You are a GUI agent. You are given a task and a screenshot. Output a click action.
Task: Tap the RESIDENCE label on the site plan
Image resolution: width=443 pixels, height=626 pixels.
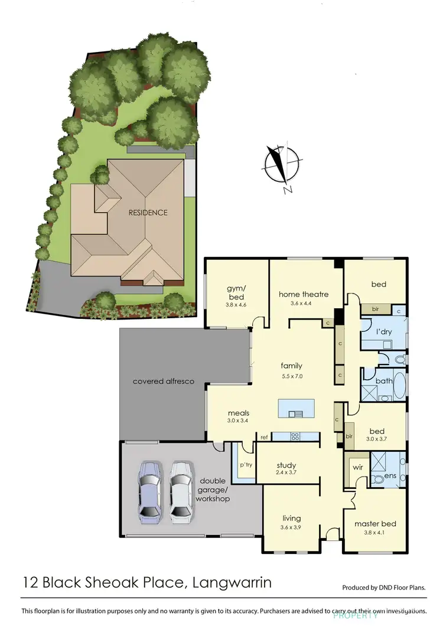tap(149, 213)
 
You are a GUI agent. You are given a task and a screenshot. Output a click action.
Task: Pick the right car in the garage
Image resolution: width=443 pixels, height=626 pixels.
tap(181, 492)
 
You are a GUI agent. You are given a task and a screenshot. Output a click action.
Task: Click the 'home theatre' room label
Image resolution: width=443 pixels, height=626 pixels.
tap(304, 294)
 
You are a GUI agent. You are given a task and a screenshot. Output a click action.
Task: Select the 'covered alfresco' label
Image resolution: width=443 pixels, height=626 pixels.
tap(163, 382)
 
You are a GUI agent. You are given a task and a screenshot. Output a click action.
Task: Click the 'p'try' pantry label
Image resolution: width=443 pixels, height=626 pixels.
tap(246, 465)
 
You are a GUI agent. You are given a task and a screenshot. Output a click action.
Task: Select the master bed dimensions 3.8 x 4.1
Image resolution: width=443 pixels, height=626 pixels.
tap(375, 534)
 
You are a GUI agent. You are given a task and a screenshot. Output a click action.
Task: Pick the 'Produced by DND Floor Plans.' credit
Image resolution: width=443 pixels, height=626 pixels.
tap(384, 588)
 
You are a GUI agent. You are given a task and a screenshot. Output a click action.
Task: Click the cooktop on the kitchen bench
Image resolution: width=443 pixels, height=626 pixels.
tap(295, 437)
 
